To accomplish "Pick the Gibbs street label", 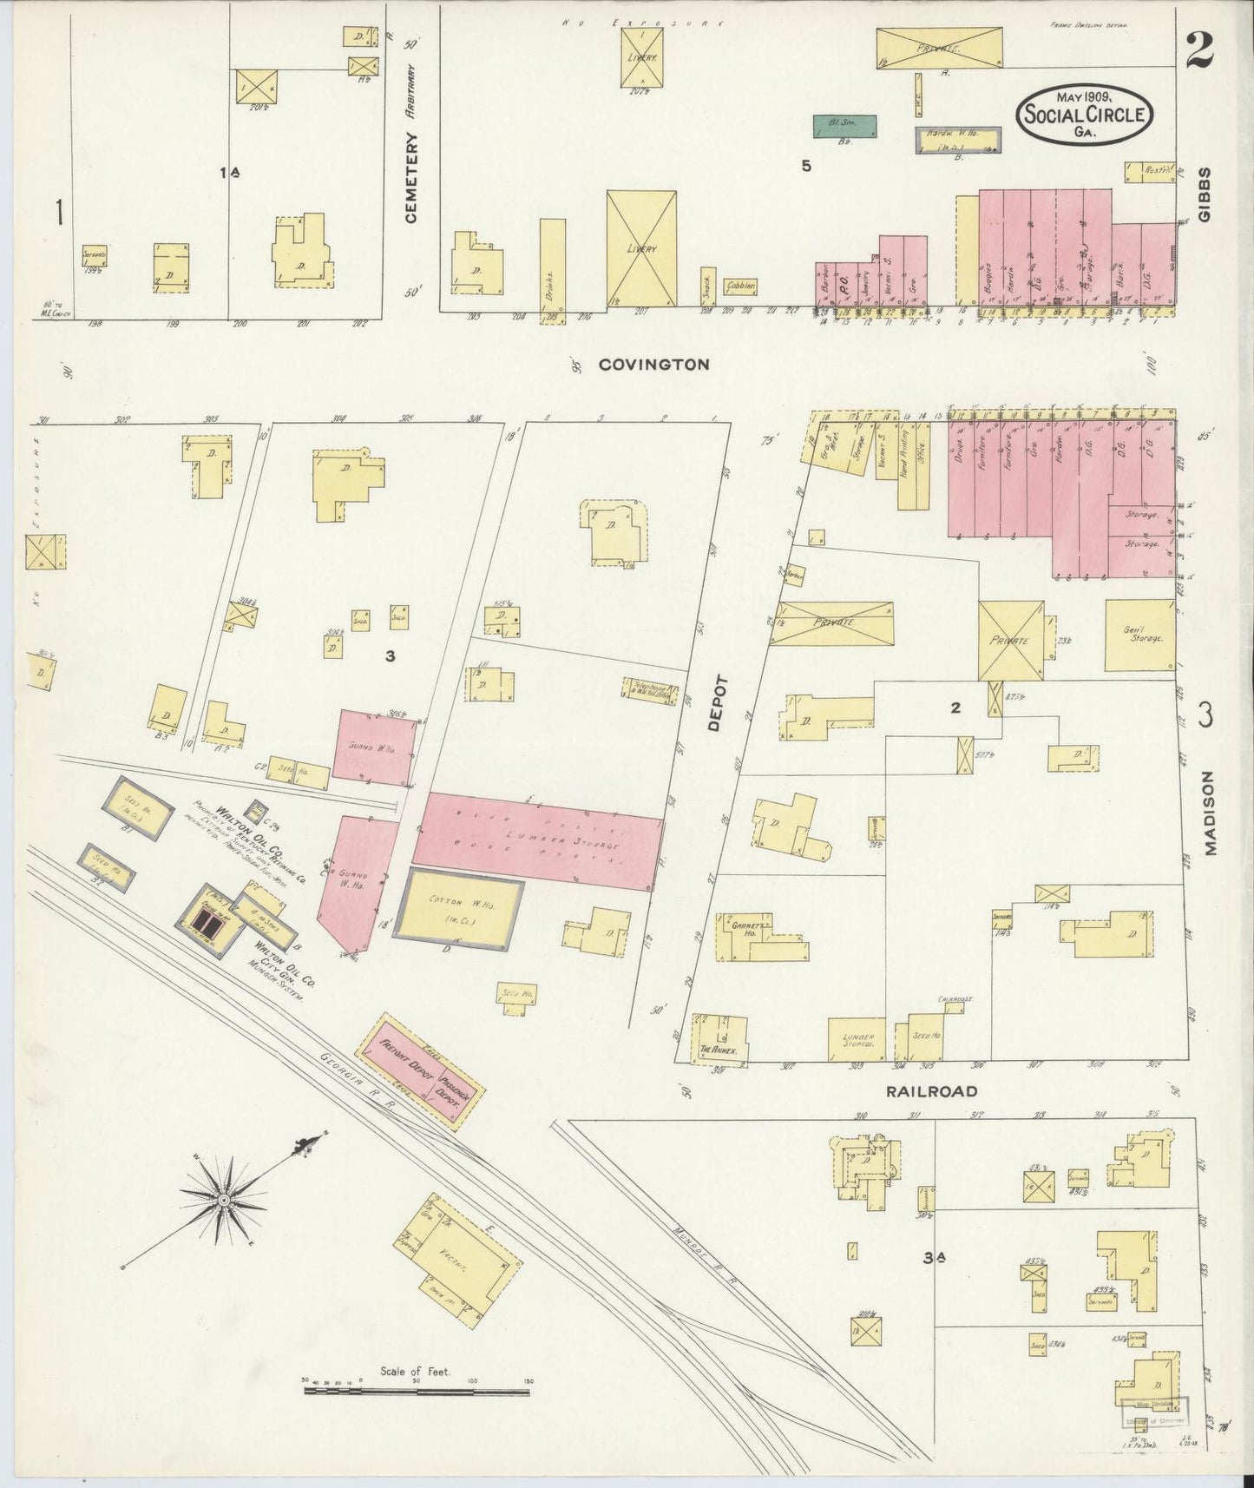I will [1205, 195].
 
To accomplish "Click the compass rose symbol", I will [224, 1199].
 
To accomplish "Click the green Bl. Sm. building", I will [844, 125].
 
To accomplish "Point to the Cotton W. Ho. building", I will [458, 909].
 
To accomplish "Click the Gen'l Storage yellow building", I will [1139, 635].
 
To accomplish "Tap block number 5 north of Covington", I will [806, 166].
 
